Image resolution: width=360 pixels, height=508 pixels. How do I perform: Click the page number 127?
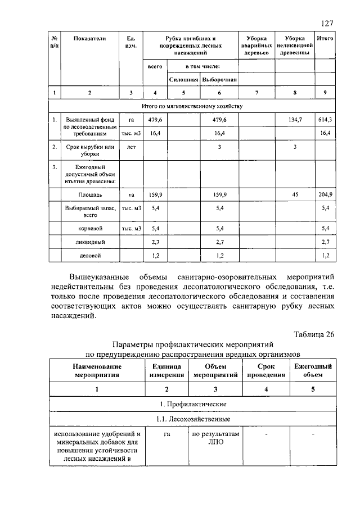327,23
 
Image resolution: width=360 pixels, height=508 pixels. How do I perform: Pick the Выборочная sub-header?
219,80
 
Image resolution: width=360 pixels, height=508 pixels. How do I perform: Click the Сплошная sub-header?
184,80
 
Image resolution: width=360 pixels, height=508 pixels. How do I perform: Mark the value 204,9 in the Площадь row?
325,194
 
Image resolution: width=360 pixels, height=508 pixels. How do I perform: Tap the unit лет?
130,147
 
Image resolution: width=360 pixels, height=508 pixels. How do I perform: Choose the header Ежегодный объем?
313,370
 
